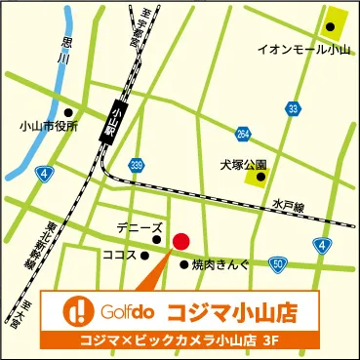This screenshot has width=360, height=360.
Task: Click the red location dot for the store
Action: point(180,241)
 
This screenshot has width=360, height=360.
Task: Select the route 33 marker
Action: point(293,107)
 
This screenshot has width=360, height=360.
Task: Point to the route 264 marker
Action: point(243,134)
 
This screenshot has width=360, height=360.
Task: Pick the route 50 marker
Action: point(278,263)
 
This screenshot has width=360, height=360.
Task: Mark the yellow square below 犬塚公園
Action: point(257,176)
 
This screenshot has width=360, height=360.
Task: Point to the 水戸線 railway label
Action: point(291,205)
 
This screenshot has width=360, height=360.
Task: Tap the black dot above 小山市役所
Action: point(66,111)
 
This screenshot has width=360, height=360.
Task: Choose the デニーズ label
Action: point(139,226)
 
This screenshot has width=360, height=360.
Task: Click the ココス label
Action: point(121,255)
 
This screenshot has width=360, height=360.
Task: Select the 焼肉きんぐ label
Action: point(220,263)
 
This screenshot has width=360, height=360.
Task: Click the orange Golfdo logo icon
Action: point(77,311)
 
